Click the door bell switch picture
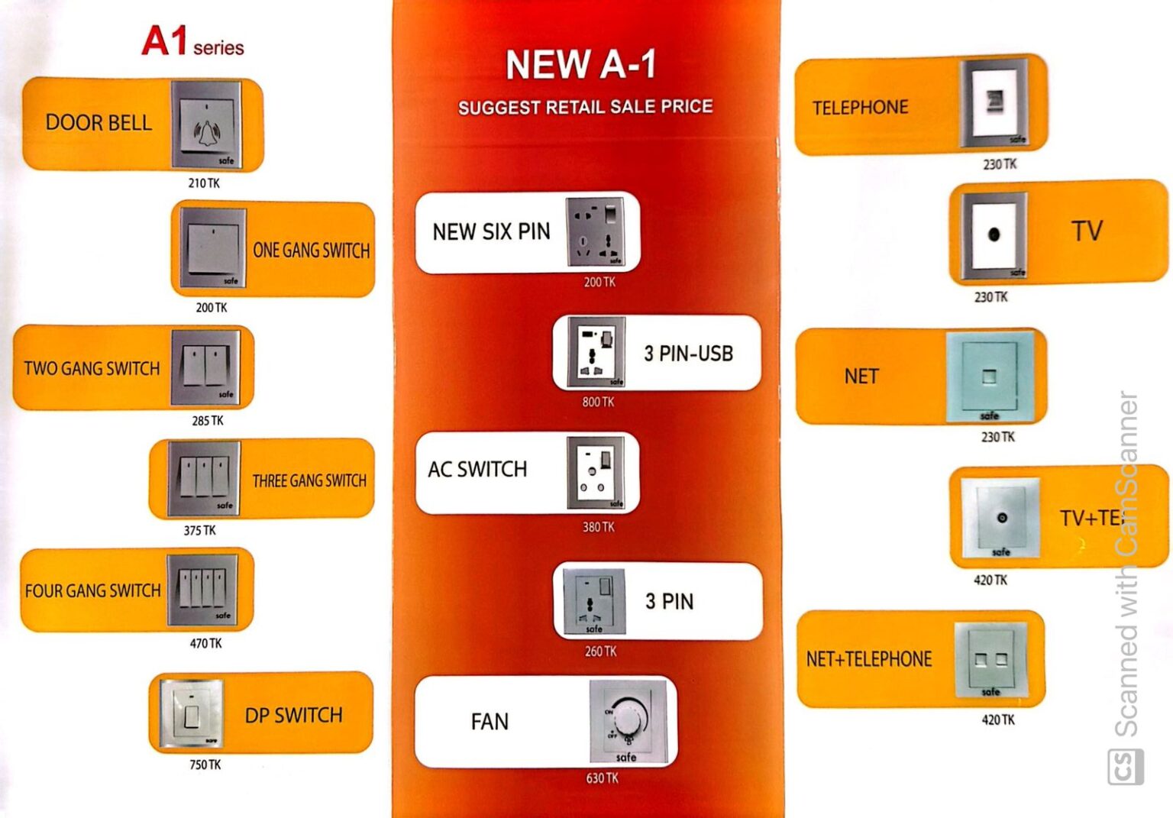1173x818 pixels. point(205,124)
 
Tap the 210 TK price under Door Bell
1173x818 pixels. point(204,183)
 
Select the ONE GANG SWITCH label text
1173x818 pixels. point(311,251)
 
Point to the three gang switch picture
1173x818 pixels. point(204,478)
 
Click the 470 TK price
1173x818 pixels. point(206,644)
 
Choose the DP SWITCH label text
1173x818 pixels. point(293,716)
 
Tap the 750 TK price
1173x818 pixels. point(205,765)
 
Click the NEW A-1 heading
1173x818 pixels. point(580,64)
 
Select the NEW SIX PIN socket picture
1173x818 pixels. point(595,232)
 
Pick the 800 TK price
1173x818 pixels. point(598,402)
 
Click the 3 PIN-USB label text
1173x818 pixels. point(688,354)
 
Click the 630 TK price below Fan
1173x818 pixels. point(602,778)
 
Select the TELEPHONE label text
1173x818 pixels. point(860,108)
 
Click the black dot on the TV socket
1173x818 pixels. point(994,234)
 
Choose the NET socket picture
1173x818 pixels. point(989,376)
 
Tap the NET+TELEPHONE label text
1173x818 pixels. point(869,659)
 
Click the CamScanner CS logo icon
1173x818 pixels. point(1126,767)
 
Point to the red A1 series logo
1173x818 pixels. point(192,41)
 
